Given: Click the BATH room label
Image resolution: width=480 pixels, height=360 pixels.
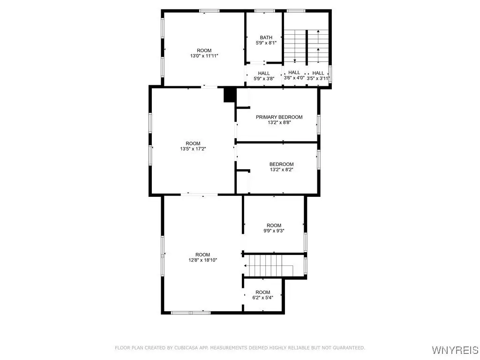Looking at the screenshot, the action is pos(266,37).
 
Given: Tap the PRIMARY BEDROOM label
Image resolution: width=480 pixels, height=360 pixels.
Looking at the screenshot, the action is pos(279,117).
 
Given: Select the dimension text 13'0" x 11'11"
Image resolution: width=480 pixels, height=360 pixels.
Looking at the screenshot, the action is pos(204,56).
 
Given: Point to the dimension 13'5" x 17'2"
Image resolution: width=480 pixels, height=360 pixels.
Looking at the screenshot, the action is pos(193,149).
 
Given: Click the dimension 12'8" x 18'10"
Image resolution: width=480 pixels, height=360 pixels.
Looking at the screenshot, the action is pos(202,260).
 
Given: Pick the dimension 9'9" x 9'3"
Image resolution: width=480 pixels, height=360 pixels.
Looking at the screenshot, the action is pos(274,231).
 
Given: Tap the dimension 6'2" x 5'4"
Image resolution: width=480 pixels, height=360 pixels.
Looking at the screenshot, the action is pos(262,297).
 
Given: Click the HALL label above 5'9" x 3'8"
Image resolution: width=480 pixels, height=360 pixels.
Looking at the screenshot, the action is pos(264,73).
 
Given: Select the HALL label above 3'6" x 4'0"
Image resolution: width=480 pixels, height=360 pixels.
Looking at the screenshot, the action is pos(294,72).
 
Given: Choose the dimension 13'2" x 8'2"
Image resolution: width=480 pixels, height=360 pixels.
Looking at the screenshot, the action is pos(281,169).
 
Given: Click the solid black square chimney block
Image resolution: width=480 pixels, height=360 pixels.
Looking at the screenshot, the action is pos(230,95).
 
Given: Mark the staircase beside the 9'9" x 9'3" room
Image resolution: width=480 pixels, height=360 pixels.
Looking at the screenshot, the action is pos(270,266).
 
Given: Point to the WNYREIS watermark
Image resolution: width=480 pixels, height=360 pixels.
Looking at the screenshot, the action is pos(455,350).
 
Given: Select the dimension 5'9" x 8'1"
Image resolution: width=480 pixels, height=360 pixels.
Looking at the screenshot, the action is pos(266,43).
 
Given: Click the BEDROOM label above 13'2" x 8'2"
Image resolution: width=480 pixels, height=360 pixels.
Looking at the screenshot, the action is pos(281,164).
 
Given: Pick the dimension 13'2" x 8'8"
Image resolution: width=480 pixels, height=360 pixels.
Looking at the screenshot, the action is pos(279,122).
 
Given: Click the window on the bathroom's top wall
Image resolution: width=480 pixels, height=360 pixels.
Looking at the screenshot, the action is pos(264,11).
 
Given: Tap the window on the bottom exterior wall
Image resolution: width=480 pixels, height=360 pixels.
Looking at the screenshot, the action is pos(191,313).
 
